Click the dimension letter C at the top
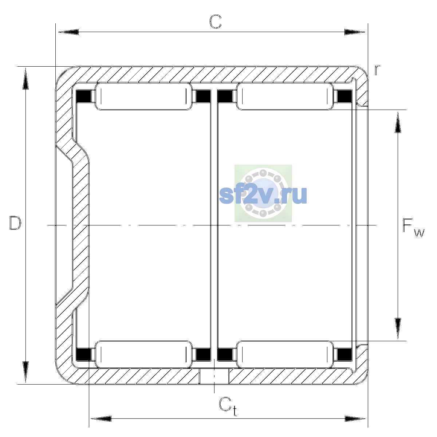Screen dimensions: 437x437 pos(215,22)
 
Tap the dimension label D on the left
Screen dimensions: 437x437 pos(15,223)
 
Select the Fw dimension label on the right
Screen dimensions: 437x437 pos(413,228)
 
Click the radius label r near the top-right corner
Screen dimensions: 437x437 pos(377,70)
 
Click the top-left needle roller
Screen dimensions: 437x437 pos(143,97)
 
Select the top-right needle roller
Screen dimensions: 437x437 pos(285,97)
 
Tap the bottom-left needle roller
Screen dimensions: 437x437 pos(143,354)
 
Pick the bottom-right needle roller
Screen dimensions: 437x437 pos(285,354)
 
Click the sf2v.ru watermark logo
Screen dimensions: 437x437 pos(263,193)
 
